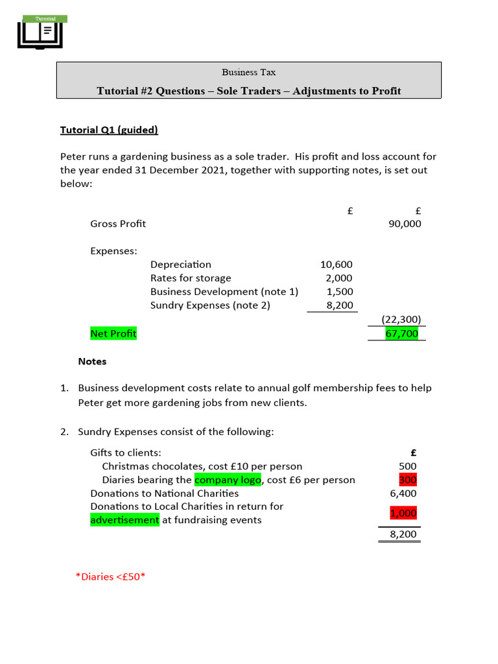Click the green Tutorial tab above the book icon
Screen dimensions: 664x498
pos(45,19)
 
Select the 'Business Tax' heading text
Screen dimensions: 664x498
pos(248,72)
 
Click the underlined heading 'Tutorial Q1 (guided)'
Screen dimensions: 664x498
pos(109,130)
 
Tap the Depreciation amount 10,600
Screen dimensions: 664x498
pos(336,265)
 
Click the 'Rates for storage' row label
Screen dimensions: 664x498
pos(191,278)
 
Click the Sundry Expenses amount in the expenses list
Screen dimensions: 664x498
pos(338,305)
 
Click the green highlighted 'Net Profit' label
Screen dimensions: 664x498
pos(113,334)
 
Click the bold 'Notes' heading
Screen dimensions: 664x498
pos(92,361)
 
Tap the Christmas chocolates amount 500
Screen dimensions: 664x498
pos(407,466)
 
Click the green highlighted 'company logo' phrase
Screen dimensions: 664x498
pos(228,480)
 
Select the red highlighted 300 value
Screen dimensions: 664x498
pos(407,480)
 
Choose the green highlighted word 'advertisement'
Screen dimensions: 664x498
pos(124,520)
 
